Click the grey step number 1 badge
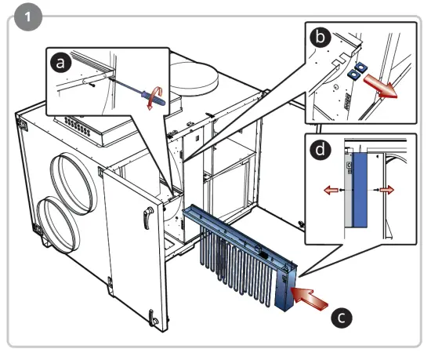point(28,17)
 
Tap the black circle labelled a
point(61,63)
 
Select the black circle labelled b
point(321,37)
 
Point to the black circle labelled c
point(342,318)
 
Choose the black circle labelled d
point(321,150)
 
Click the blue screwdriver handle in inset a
point(153,98)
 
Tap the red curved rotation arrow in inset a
point(154,98)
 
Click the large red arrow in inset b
point(381,87)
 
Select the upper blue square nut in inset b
point(360,67)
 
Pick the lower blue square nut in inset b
point(353,74)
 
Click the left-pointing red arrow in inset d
point(331,190)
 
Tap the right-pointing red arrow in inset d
point(387,190)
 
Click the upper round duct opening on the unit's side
point(74,184)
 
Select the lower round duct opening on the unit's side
point(58,224)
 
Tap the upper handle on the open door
point(147,217)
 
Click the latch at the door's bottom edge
point(153,318)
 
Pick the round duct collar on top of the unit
point(194,79)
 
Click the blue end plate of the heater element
point(286,289)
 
